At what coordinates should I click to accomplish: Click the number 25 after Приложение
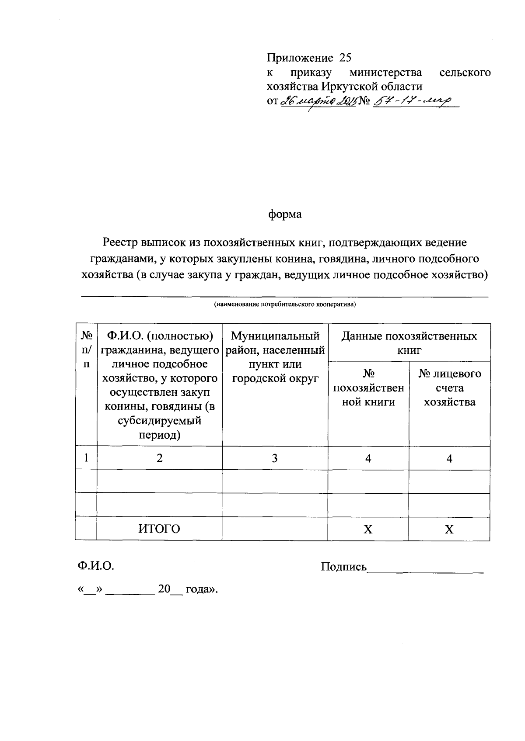345,58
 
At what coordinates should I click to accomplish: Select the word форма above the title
285,215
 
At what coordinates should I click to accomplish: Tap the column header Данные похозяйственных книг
409,343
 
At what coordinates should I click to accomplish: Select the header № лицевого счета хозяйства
449,388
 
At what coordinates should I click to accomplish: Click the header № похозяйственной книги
368,388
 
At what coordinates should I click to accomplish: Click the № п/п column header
87,350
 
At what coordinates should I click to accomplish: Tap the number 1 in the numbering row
87,458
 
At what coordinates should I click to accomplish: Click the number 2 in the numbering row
160,458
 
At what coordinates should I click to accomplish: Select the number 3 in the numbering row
275,458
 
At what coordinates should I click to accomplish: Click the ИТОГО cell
159,529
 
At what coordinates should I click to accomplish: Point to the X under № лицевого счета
449,530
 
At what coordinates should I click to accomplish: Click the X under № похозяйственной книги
368,530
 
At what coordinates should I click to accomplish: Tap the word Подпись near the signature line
343,567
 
